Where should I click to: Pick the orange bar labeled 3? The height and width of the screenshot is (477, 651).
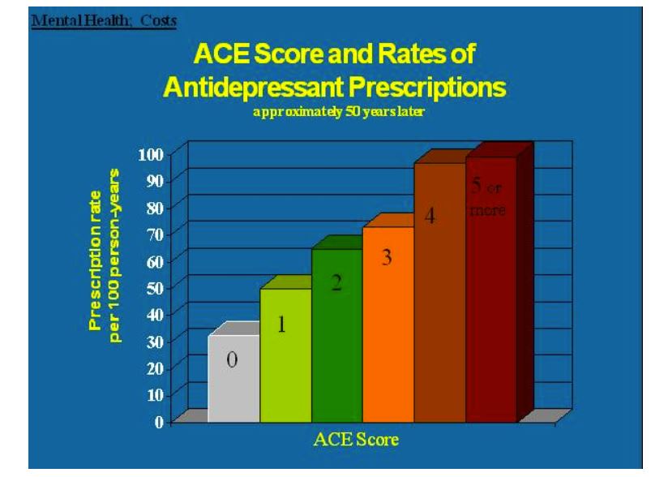click(388, 324)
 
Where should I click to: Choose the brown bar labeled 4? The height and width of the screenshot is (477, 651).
click(439, 293)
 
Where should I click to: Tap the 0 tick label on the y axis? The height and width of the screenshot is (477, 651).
click(160, 421)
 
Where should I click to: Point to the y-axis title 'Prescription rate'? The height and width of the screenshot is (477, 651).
click(96, 254)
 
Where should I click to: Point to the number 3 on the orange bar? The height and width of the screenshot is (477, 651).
click(387, 259)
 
